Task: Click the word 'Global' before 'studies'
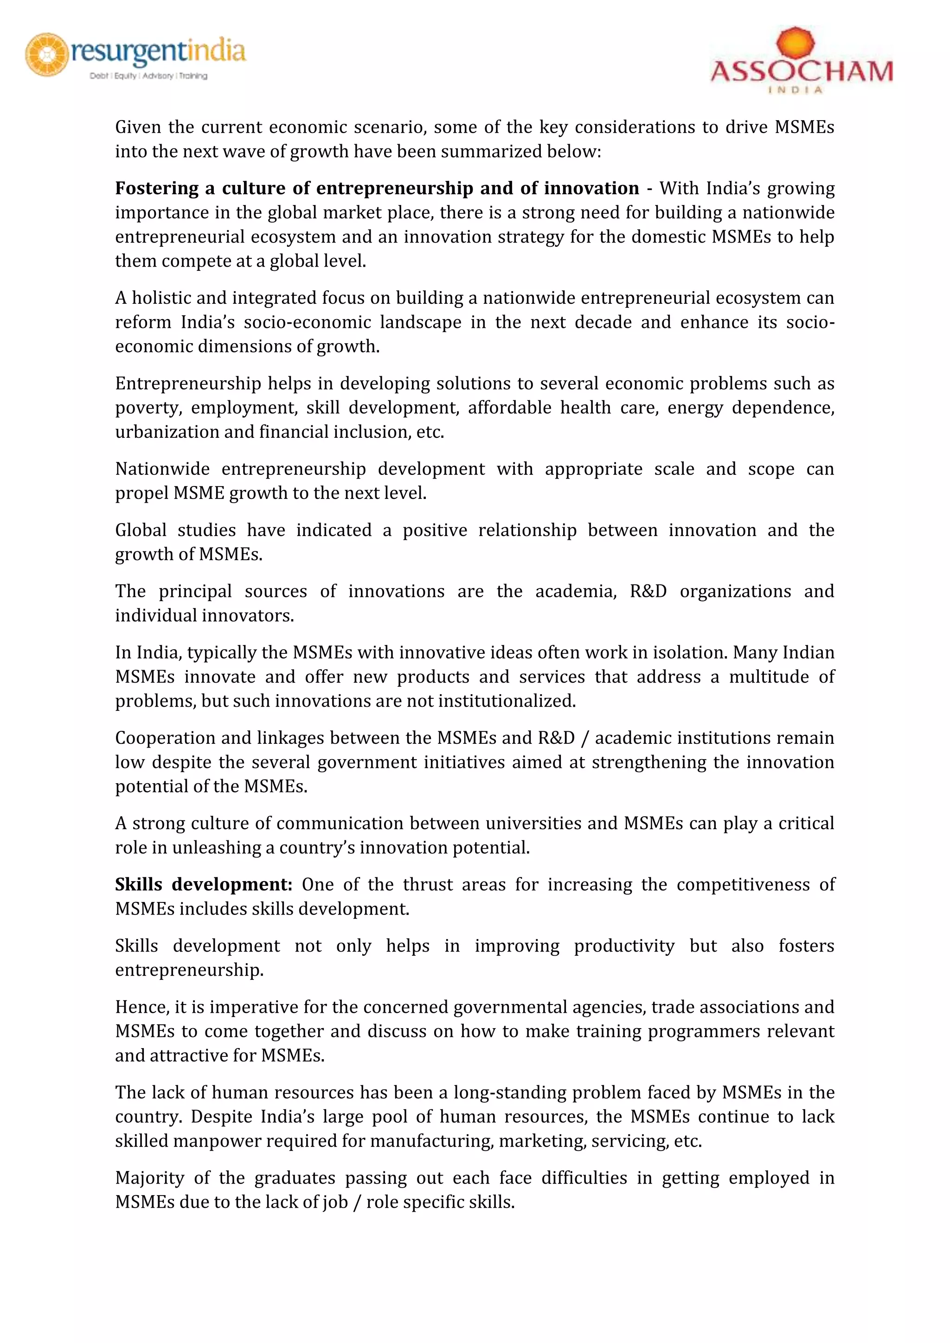(x=141, y=530)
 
